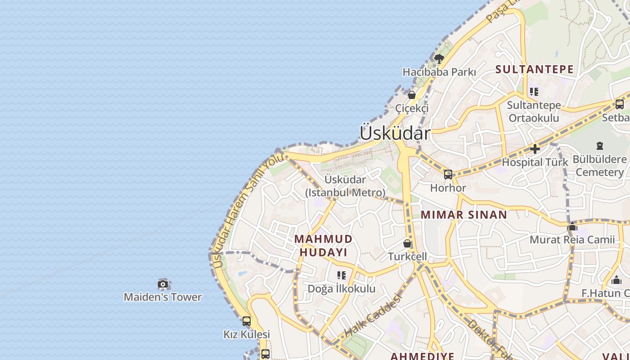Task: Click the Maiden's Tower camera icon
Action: [x=163, y=284]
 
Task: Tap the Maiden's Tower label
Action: [x=163, y=297]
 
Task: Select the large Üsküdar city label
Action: [x=395, y=133]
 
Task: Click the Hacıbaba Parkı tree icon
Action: [x=439, y=58]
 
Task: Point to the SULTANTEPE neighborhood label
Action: [x=535, y=69]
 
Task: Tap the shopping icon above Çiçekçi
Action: [x=411, y=95]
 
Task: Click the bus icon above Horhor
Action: [x=448, y=175]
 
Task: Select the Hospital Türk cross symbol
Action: [x=535, y=148]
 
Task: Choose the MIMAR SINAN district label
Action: [x=464, y=215]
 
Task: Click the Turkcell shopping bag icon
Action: [x=407, y=243]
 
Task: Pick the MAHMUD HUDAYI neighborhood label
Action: [x=324, y=245]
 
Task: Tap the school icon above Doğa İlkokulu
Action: [x=342, y=275]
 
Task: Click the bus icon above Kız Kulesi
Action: [x=247, y=321]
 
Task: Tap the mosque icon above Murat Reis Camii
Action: [x=572, y=226]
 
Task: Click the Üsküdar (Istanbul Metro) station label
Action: [x=345, y=186]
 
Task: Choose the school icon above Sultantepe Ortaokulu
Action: [x=534, y=92]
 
